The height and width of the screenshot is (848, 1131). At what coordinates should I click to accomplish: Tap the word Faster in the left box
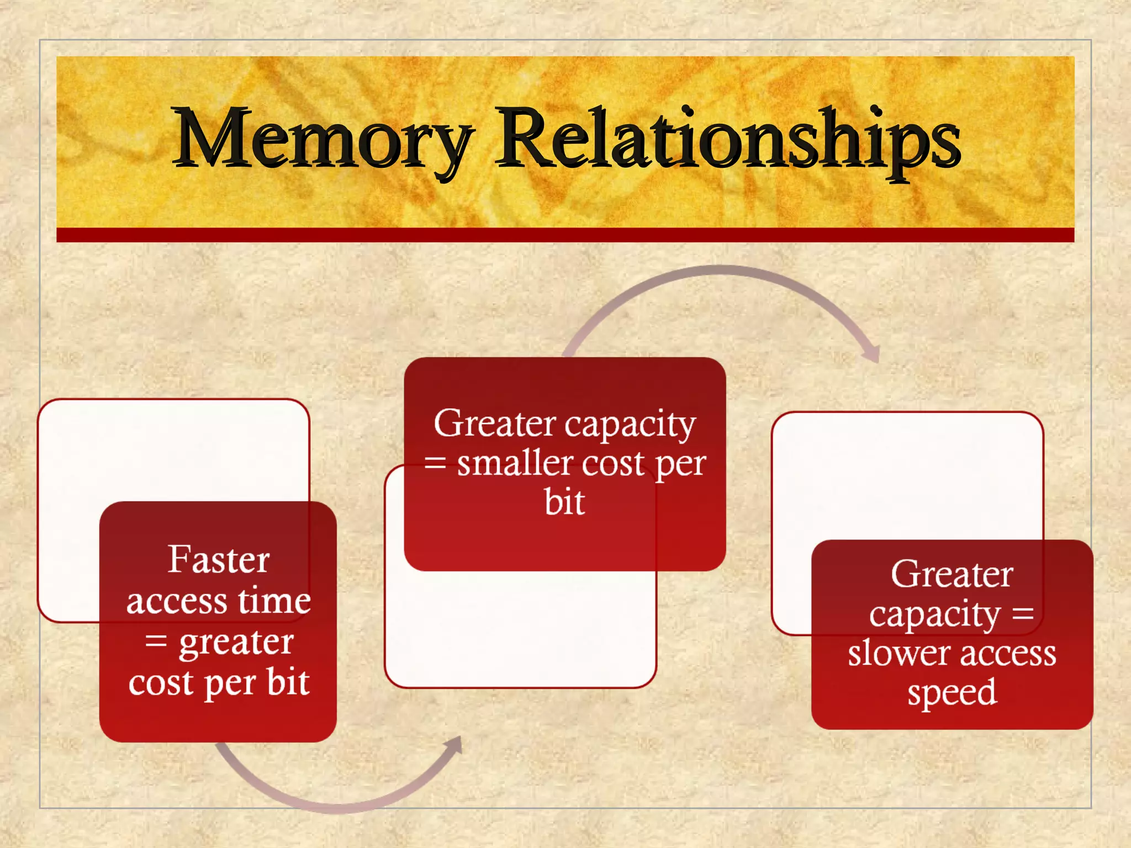pyautogui.click(x=219, y=560)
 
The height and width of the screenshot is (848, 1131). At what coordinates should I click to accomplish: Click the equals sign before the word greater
pyautogui.click(x=156, y=642)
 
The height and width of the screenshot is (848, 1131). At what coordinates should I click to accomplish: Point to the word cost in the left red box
pyautogui.click(x=161, y=683)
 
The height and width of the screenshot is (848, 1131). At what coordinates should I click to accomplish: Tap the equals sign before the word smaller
pyautogui.click(x=435, y=463)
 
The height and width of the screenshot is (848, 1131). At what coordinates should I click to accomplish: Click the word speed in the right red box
pyautogui.click(x=952, y=693)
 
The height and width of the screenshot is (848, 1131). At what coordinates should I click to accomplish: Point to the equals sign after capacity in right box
pyautogui.click(x=1022, y=614)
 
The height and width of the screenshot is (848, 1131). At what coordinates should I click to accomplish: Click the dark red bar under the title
pyautogui.click(x=565, y=235)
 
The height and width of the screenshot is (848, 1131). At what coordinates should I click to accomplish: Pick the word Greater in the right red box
pyautogui.click(x=952, y=575)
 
